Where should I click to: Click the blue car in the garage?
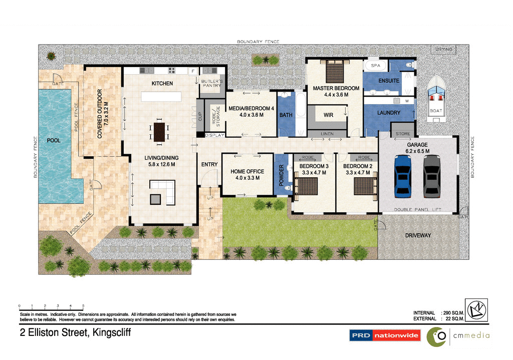[x=403, y=175]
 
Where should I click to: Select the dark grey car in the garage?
[x=431, y=175]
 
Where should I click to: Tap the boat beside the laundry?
[x=435, y=98]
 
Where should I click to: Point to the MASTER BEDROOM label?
[x=336, y=88]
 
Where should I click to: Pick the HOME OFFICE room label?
[x=247, y=172]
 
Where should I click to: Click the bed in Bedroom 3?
[x=310, y=186]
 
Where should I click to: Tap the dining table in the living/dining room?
[x=159, y=132]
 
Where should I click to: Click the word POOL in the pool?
[x=54, y=140]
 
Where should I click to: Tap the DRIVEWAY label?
[x=418, y=235]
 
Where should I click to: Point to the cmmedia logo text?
[x=472, y=335]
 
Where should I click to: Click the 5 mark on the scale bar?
[x=83, y=305]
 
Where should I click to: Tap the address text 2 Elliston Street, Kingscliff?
[x=75, y=332]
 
